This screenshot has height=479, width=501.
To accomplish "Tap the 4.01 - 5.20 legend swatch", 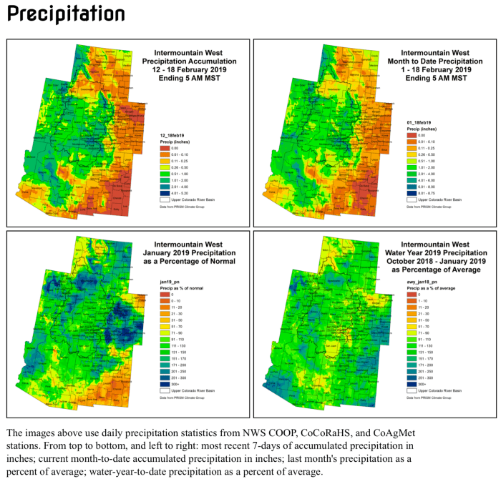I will coord(164,192).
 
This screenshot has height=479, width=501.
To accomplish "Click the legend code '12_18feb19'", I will coord(174,134).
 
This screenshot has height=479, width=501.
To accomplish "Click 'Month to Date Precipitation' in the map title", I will coord(435,61).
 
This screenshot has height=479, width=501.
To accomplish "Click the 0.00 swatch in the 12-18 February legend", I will coord(164,147).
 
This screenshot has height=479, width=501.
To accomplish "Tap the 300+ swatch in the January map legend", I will coord(164,383).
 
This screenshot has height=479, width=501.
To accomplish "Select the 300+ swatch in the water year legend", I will coord(411,383).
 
